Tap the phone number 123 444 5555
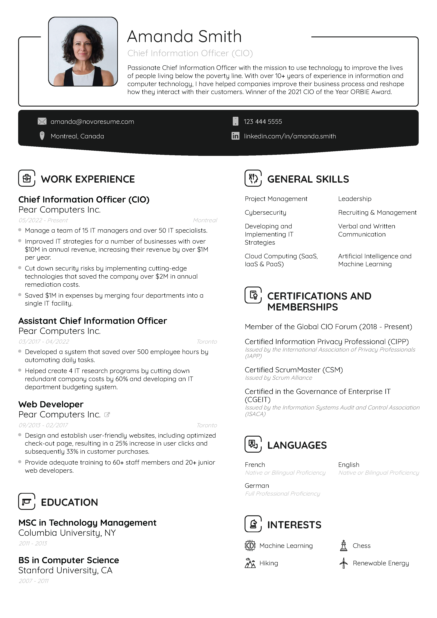[x=263, y=122]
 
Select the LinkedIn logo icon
[x=235, y=136]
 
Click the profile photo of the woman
[x=83, y=52]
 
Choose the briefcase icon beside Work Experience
[x=27, y=178]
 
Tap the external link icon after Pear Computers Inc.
[x=107, y=415]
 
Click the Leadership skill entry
[x=355, y=199]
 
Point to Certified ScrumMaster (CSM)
[x=294, y=370]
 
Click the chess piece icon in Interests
[x=343, y=546]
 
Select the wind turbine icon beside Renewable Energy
[x=343, y=563]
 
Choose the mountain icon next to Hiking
[x=250, y=563]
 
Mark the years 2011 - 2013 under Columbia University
[x=33, y=544]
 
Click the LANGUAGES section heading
[x=297, y=445]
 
